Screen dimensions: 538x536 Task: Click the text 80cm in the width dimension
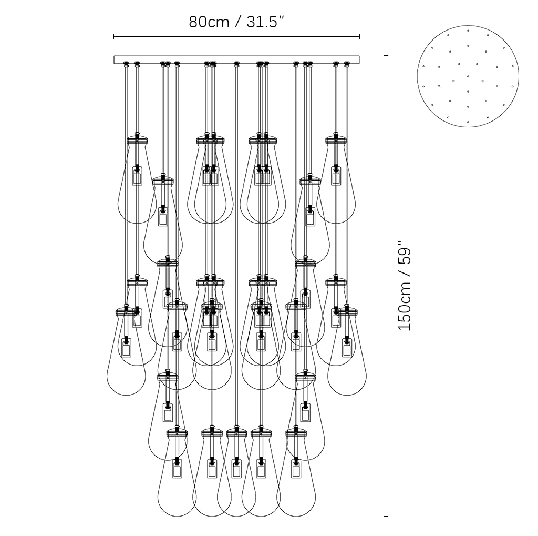point(209,22)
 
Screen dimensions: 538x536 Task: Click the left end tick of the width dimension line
point(114,36)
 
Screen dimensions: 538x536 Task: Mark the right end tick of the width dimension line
point(359,36)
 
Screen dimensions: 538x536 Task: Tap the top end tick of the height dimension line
point(386,56)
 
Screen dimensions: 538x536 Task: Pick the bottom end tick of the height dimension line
point(386,516)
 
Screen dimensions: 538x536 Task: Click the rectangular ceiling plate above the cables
point(237,60)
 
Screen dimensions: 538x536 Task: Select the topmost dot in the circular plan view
point(468,30)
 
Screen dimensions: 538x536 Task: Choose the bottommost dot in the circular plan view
point(468,122)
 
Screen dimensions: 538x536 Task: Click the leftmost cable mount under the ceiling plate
point(126,64)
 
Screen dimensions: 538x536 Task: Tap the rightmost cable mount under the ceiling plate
point(347,64)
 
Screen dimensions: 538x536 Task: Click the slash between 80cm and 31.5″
point(237,22)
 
